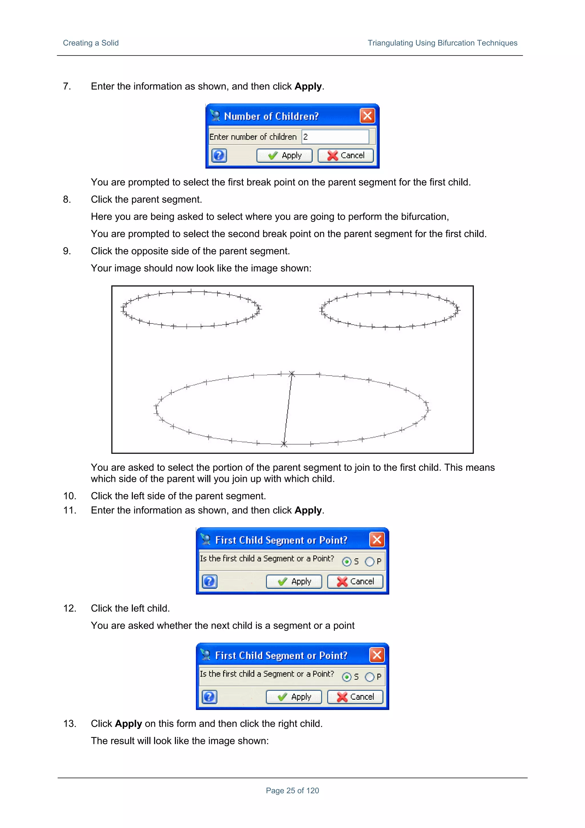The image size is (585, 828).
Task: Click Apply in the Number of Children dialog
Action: [285, 155]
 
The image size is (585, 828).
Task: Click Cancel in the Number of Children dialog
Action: [345, 155]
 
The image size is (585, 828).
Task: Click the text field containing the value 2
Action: [335, 137]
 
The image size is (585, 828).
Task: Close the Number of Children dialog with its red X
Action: [367, 116]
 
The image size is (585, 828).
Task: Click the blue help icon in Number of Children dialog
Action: [219, 155]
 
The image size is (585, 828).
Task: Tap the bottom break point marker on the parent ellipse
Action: [284, 444]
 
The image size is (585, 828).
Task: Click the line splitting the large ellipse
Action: [288, 409]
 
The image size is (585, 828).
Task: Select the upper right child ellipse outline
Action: [389, 292]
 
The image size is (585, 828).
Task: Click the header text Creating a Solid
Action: [91, 43]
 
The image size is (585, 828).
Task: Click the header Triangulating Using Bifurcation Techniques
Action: [442, 43]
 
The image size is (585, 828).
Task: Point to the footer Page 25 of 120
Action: [292, 791]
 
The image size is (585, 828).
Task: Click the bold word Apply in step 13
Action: [128, 723]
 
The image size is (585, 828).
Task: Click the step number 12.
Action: [70, 608]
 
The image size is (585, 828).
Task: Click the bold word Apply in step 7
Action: [308, 87]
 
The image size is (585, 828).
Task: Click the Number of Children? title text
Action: [271, 116]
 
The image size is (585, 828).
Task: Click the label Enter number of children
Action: [253, 137]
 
